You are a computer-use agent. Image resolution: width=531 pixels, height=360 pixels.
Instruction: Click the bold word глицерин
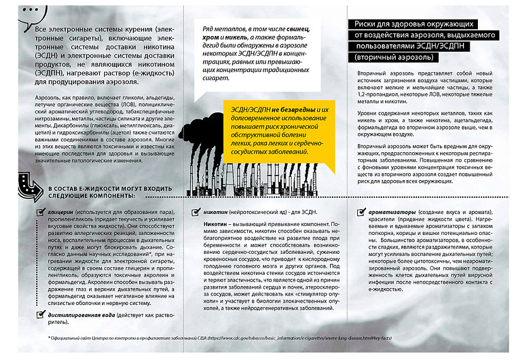pyautogui.click(x=60, y=212)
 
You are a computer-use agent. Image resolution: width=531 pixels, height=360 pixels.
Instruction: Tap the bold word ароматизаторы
pyautogui.click(x=393, y=212)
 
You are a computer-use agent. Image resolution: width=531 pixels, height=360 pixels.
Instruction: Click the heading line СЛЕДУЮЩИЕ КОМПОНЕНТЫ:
pyautogui.click(x=95, y=197)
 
